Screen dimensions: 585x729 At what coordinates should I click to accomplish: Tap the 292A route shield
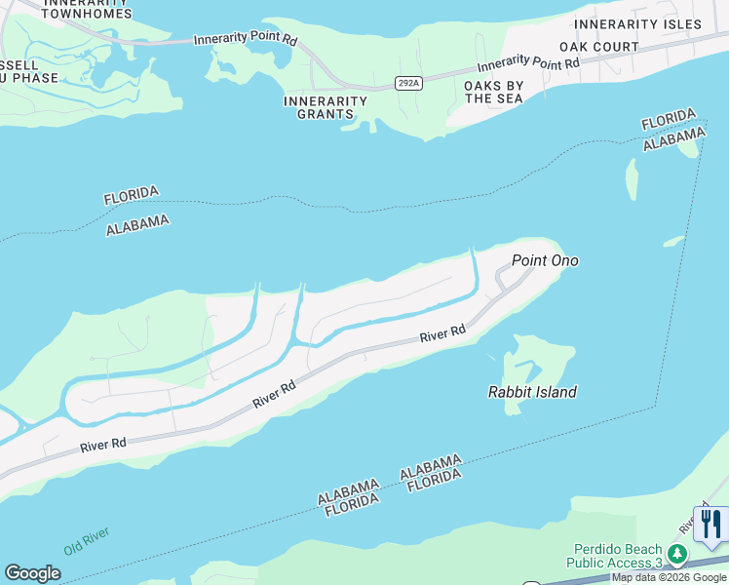[x=409, y=84]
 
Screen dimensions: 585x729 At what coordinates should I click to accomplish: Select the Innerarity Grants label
[x=326, y=107]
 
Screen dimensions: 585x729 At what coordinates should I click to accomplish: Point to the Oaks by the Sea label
[x=494, y=93]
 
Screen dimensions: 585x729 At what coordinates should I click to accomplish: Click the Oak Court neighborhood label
[x=599, y=47]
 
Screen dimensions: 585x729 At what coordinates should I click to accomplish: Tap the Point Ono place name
[x=545, y=260]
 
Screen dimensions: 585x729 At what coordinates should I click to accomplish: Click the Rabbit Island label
[x=532, y=392]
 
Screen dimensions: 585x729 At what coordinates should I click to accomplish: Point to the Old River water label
[x=87, y=541]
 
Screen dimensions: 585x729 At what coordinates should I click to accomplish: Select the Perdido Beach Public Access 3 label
[x=618, y=556]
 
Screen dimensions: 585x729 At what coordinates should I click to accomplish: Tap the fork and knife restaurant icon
[x=710, y=525]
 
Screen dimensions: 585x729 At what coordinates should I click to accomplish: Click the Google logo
[x=32, y=573]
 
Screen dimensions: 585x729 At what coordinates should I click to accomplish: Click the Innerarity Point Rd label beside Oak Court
[x=528, y=65]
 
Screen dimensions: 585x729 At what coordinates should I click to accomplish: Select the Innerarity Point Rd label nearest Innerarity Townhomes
[x=246, y=39]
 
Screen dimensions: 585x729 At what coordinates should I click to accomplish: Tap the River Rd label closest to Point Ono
[x=442, y=334]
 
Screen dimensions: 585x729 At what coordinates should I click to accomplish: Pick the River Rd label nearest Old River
[x=103, y=444]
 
